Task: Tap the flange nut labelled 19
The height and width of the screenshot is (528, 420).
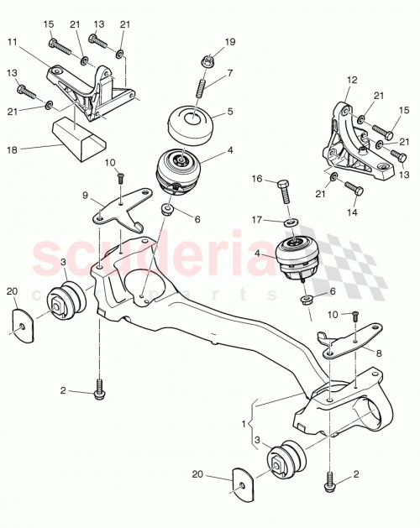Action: coord(205,60)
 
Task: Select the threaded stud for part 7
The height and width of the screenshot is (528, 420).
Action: coord(202,87)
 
